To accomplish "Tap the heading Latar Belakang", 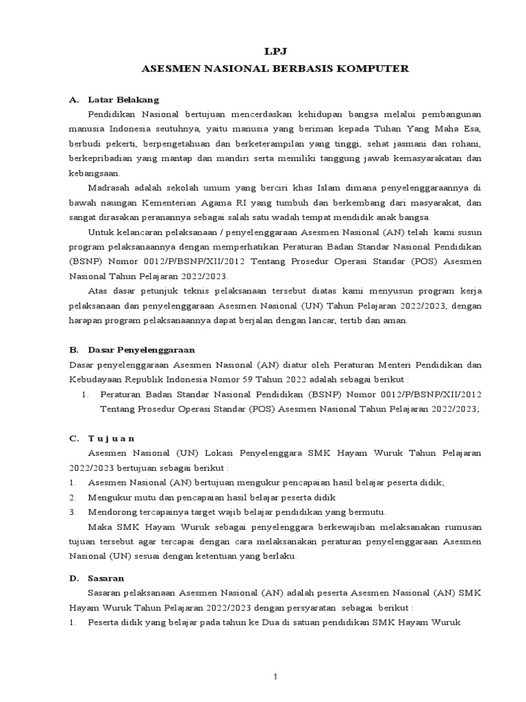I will [123, 99].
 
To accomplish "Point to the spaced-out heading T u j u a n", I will [112, 437].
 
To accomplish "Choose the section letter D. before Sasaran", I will [75, 579].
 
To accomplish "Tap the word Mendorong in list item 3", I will [111, 512].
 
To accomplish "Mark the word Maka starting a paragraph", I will [100, 526].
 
